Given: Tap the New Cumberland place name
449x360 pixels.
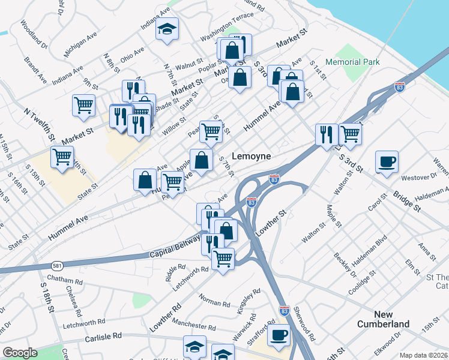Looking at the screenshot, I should (x=391, y=319).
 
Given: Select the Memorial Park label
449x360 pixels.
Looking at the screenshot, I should (x=352, y=62).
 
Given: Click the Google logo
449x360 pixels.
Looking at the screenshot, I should (x=20, y=353).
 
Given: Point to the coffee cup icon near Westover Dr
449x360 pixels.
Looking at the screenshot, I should (x=387, y=161).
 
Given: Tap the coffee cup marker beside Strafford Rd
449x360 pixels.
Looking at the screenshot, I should (x=279, y=335).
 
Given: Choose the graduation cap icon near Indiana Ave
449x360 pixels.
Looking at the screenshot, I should (x=167, y=28).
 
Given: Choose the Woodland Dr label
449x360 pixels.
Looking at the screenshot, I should (x=35, y=33).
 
